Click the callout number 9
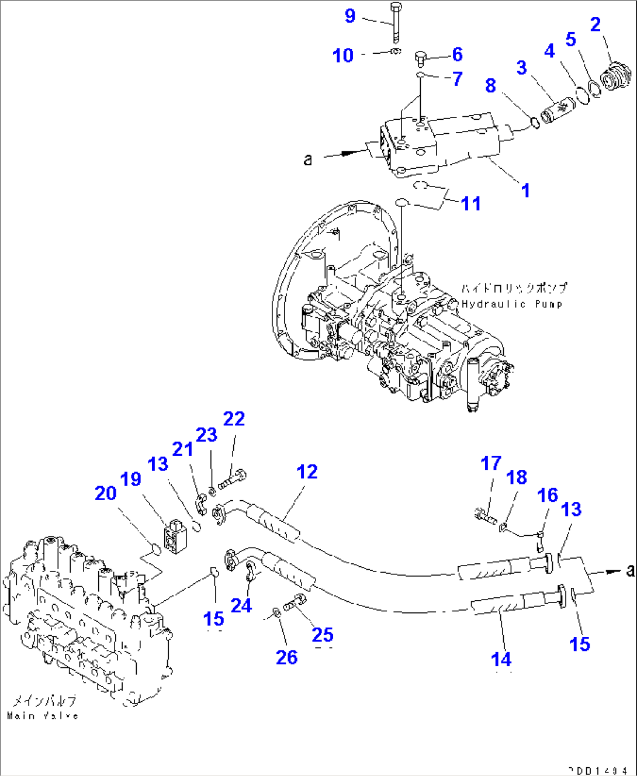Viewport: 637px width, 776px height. [x=349, y=16]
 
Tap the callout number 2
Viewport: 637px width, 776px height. [x=595, y=25]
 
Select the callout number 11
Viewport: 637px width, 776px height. [x=471, y=204]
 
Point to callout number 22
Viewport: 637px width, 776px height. [x=234, y=419]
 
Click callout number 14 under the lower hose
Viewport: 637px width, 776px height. [x=501, y=660]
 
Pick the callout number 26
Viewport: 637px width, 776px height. [x=286, y=657]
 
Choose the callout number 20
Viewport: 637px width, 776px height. [x=106, y=493]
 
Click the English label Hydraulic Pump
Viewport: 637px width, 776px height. [x=512, y=304]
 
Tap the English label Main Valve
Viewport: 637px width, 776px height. [x=43, y=715]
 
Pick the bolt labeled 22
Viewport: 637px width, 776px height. [x=233, y=479]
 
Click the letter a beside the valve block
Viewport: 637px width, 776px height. [x=308, y=159]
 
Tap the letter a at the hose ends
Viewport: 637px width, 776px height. [x=629, y=570]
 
